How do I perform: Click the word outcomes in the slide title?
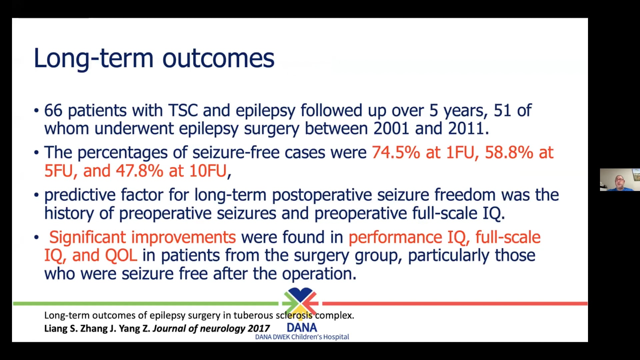(218, 59)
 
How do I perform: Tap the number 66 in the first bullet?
(53, 110)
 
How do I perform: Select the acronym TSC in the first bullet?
(183, 110)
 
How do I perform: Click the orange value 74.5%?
(396, 153)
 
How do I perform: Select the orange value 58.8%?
(509, 153)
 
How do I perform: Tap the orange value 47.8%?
(139, 171)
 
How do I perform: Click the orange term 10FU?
(208, 171)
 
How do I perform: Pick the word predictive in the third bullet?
(80, 195)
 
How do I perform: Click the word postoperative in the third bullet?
(322, 195)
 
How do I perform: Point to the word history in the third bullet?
(69, 213)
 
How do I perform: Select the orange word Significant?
(87, 237)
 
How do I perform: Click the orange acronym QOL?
(121, 256)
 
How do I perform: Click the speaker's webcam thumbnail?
(620, 180)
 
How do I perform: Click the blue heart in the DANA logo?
(300, 294)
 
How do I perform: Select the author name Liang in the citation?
(56, 329)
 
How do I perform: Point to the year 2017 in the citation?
(259, 329)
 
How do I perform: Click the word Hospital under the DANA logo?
(336, 337)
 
